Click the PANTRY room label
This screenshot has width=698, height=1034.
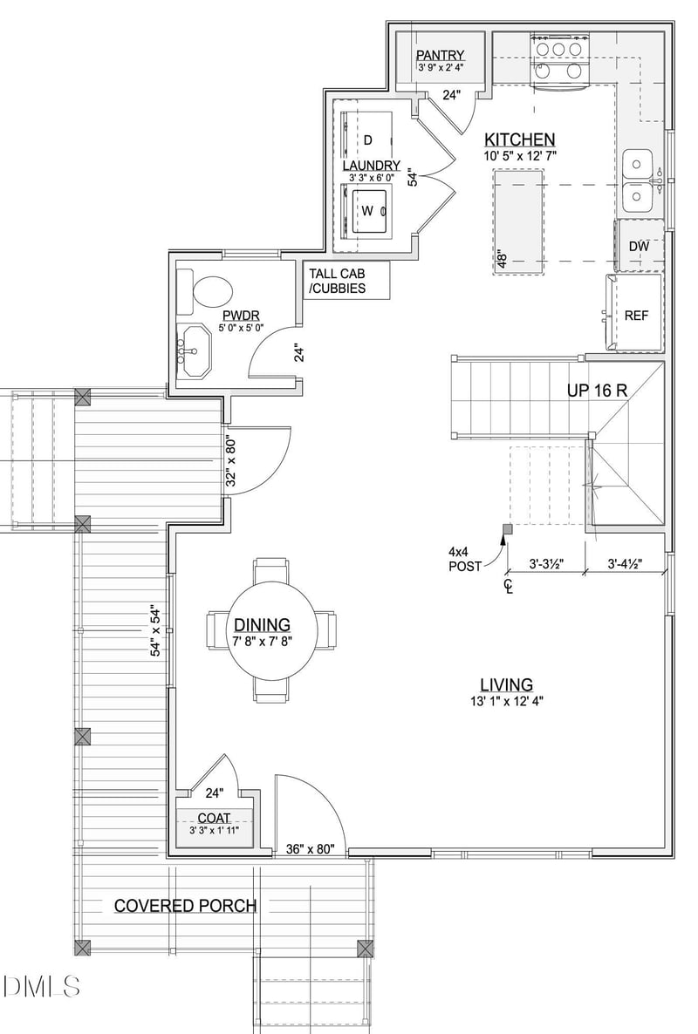pyautogui.click(x=440, y=55)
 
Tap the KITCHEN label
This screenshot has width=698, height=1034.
pyautogui.click(x=520, y=139)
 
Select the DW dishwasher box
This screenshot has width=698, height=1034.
pyautogui.click(x=639, y=246)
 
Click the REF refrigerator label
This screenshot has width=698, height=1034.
pyautogui.click(x=636, y=316)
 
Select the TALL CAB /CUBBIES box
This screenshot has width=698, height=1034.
pyautogui.click(x=346, y=280)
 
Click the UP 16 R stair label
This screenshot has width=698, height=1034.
pyautogui.click(x=597, y=390)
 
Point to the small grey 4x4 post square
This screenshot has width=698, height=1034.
pyautogui.click(x=507, y=528)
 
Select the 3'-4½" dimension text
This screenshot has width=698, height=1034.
pyautogui.click(x=625, y=564)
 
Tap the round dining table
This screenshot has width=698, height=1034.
pyautogui.click(x=272, y=629)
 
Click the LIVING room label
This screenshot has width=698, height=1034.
pyautogui.click(x=506, y=684)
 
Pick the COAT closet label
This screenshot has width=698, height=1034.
pyautogui.click(x=215, y=819)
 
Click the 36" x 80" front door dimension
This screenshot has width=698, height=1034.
pyautogui.click(x=311, y=848)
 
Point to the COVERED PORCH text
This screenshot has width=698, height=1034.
pyautogui.click(x=185, y=906)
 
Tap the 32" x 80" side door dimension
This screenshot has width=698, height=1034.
pyautogui.click(x=231, y=460)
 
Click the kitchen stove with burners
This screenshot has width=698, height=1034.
pyautogui.click(x=559, y=61)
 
